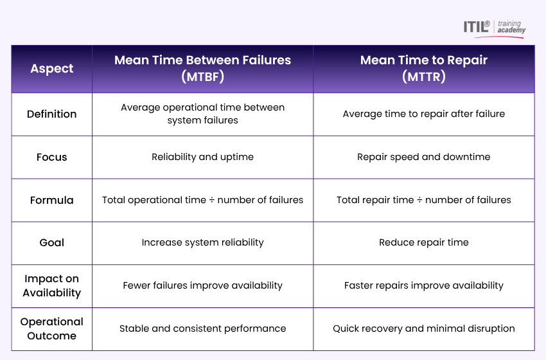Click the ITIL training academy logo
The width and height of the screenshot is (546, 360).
tap(494, 28)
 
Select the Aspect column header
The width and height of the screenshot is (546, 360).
tap(52, 69)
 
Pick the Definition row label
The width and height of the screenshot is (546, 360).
tap(52, 114)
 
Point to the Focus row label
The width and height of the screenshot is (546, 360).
tap(52, 157)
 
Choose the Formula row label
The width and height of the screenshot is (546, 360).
tap(52, 200)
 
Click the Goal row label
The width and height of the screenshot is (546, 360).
tap(52, 242)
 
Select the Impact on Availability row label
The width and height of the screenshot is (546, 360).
tap(52, 285)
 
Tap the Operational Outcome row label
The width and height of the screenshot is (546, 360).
tap(52, 328)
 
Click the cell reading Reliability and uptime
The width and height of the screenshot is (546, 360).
tap(202, 157)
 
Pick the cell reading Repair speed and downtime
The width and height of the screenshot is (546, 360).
tap(423, 157)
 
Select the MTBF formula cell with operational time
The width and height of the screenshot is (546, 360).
tap(202, 200)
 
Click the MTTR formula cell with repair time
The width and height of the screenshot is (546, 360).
tap(423, 200)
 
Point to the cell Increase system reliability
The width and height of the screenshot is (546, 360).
tap(202, 242)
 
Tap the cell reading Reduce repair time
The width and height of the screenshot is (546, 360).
tap(423, 242)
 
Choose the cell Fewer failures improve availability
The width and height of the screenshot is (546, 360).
tap(202, 285)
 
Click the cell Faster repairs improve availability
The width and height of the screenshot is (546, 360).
tap(423, 285)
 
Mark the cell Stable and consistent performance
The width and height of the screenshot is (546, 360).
tap(202, 328)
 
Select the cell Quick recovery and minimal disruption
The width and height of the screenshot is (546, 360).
tap(423, 328)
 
